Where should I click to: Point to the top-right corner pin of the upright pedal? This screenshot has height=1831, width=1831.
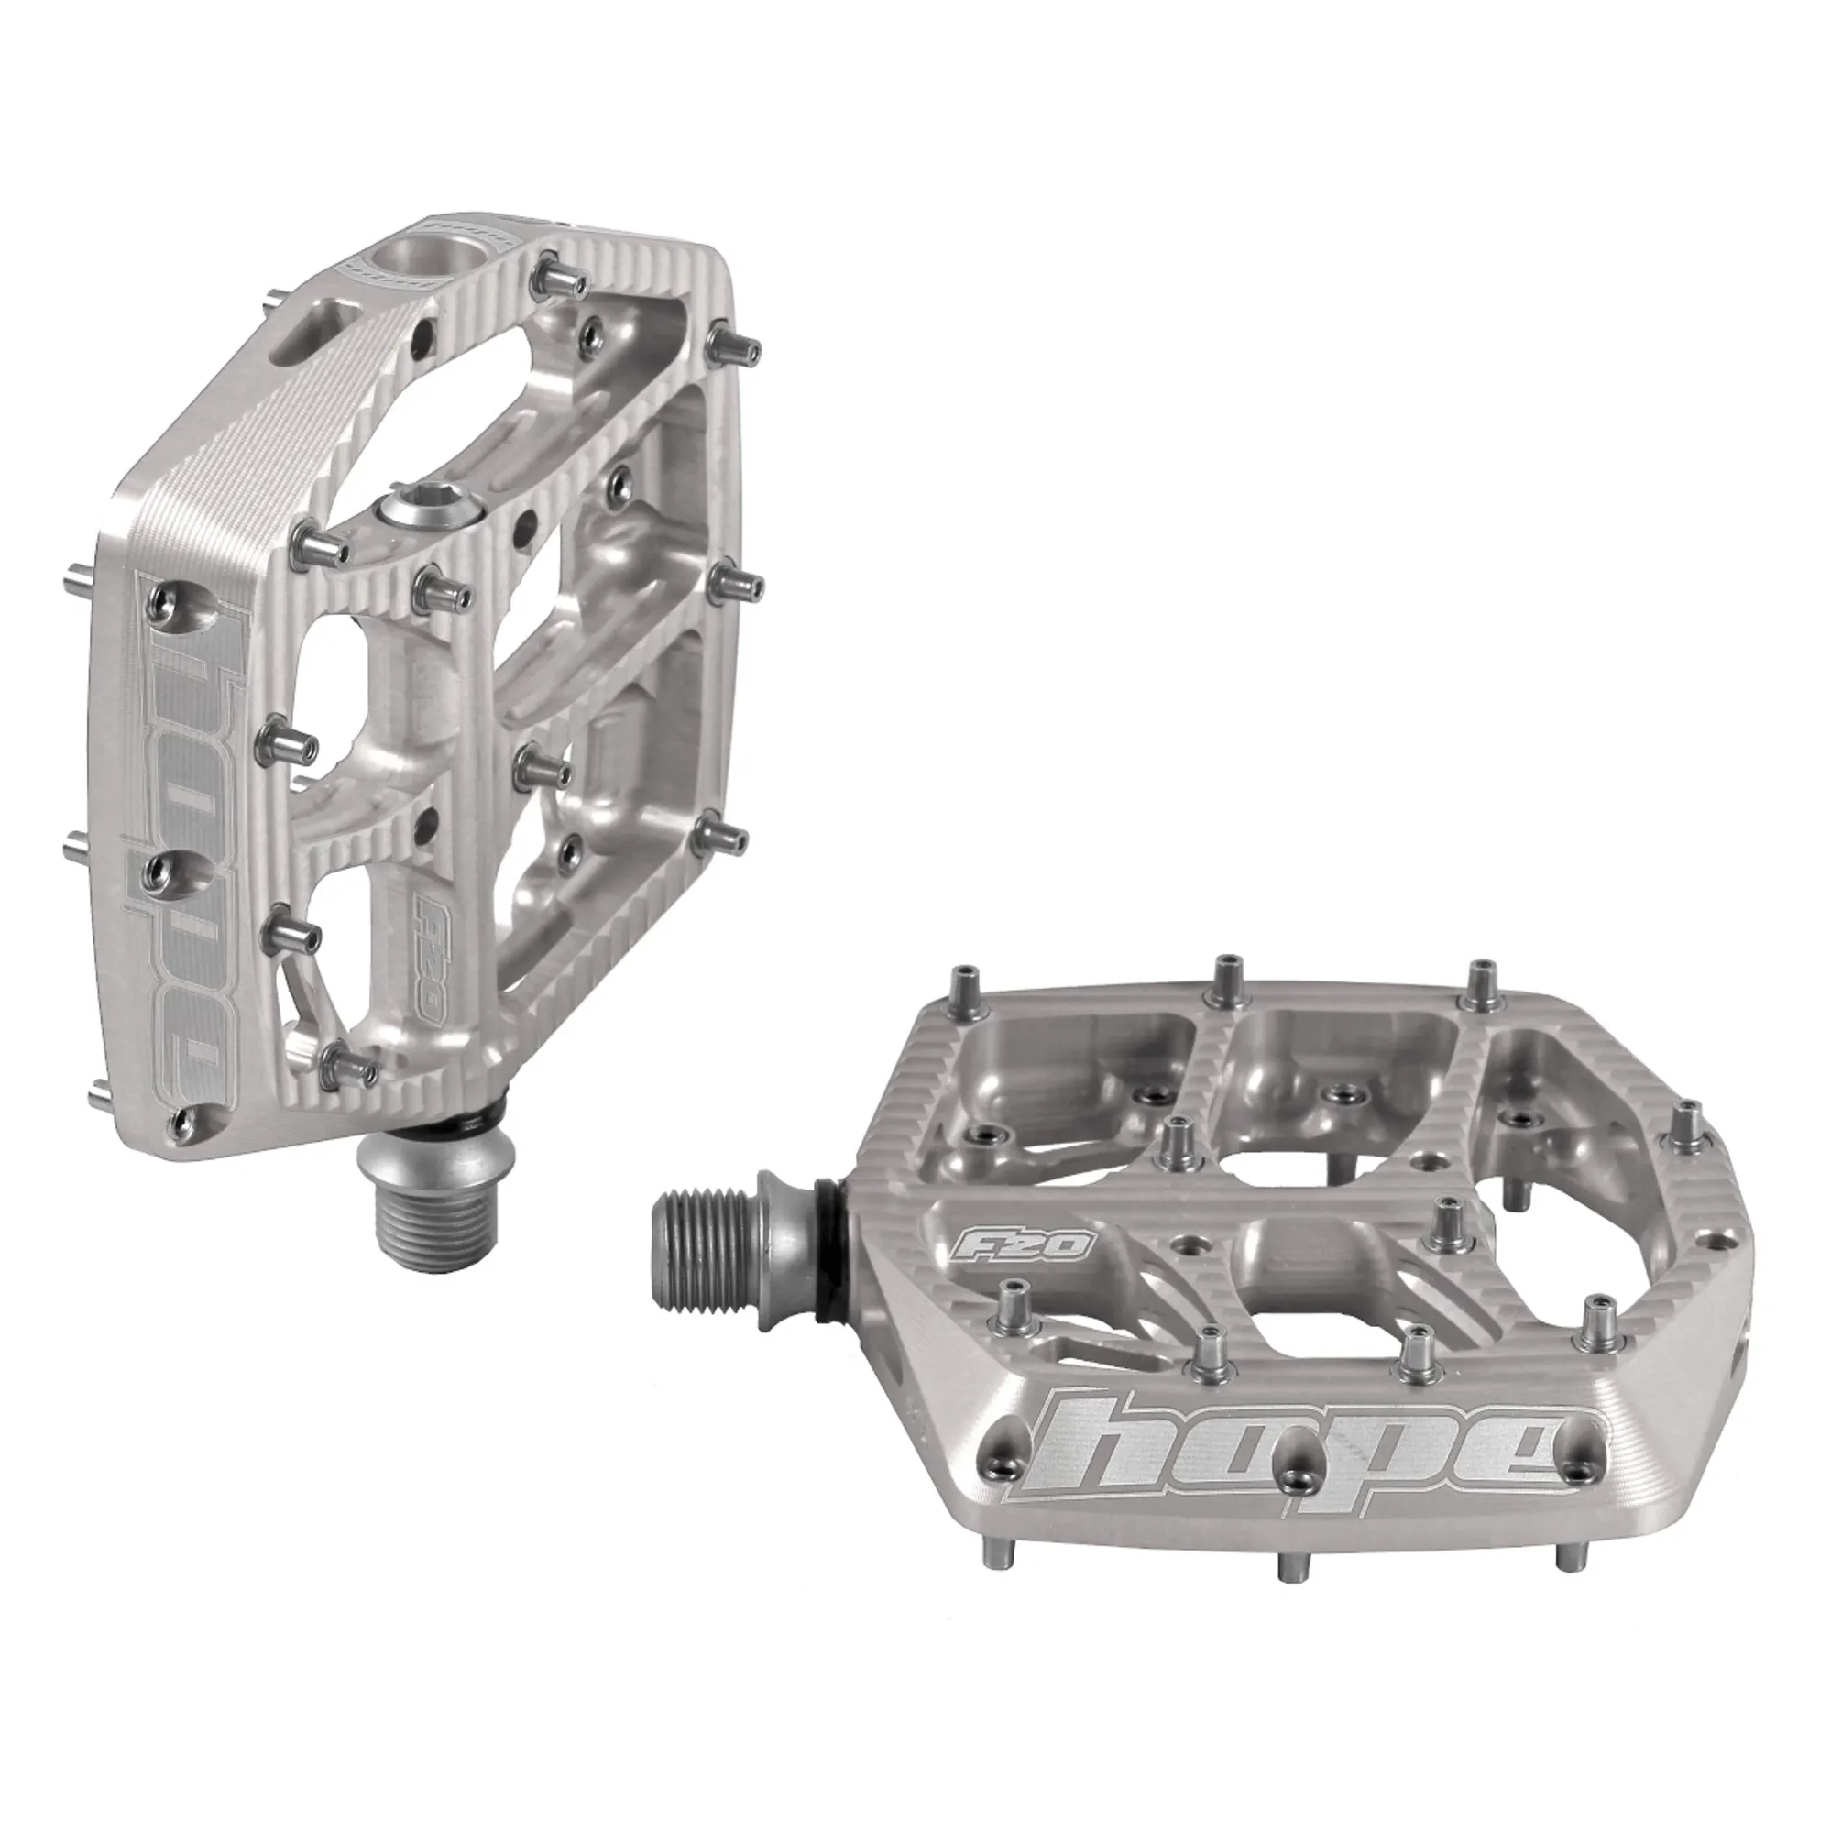click(x=736, y=345)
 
